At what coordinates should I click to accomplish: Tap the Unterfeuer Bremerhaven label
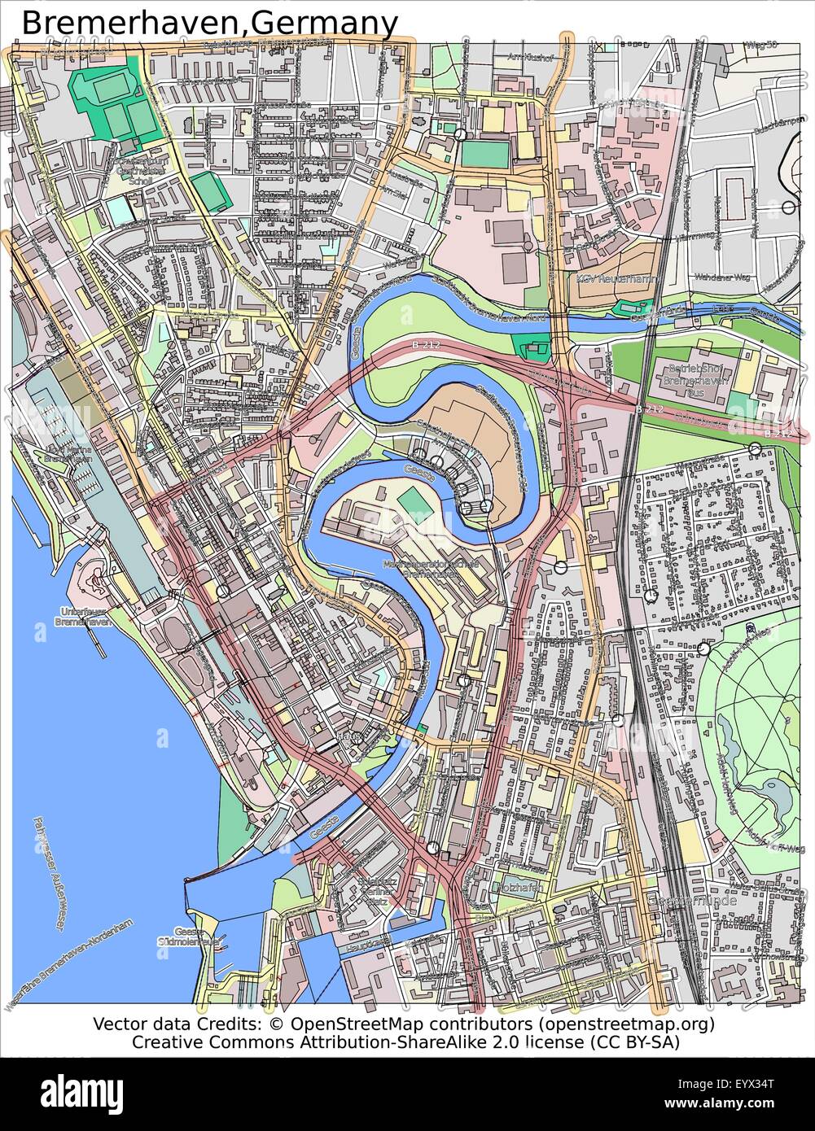(x=82, y=616)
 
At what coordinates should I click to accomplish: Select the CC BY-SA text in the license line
(x=636, y=1041)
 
